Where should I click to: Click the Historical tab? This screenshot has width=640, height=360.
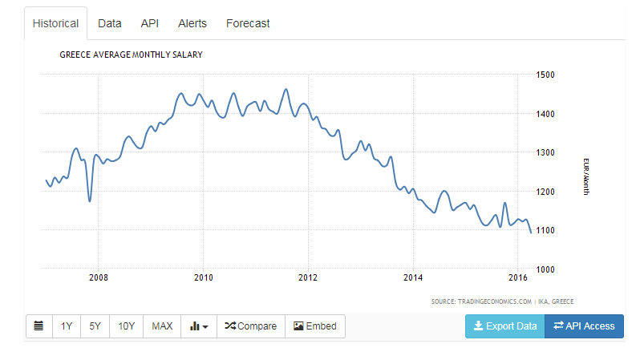[x=55, y=24]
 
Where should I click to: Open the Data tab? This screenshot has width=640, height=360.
[x=109, y=24]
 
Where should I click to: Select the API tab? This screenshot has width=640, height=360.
[x=150, y=24]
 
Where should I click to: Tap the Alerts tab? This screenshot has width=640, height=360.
[x=192, y=24]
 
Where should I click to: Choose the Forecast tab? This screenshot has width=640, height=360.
[x=248, y=24]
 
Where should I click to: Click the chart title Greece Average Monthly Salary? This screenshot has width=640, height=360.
[x=131, y=55]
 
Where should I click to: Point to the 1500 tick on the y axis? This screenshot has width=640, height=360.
[x=545, y=75]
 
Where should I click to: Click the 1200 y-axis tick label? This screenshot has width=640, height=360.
[x=545, y=192]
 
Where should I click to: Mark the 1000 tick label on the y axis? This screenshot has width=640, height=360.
[x=545, y=269]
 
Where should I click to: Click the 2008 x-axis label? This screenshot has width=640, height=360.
[x=99, y=277]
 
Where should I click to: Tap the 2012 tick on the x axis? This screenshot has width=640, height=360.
[x=308, y=277]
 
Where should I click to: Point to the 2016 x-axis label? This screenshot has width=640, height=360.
[x=518, y=277]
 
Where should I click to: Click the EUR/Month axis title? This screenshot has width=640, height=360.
[x=586, y=176]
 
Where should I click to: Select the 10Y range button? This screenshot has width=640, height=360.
[x=126, y=326]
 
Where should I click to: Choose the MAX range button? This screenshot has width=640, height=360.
[x=162, y=326]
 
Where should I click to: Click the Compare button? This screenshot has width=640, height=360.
[x=250, y=326]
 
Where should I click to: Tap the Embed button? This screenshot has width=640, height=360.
[x=315, y=326]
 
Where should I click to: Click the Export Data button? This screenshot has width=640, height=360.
[x=505, y=326]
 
